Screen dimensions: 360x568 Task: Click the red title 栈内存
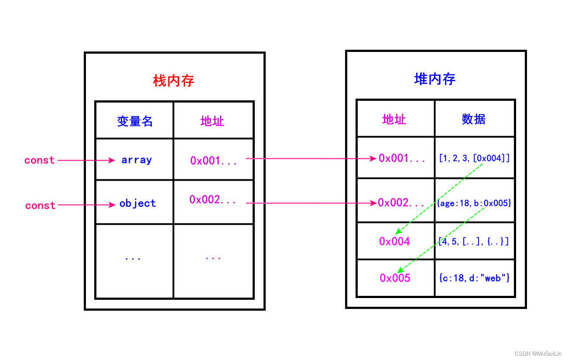coord(174,81)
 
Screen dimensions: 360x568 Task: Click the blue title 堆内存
coord(435,79)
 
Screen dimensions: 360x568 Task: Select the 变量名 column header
coord(135,121)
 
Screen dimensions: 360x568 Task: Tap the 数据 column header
coord(473,119)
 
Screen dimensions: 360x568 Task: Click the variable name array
coord(137,160)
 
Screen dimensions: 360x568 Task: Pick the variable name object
coord(137,204)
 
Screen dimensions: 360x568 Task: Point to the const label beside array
coord(40,160)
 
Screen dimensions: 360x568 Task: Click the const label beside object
coord(40,206)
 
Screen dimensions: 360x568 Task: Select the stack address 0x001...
coord(213,161)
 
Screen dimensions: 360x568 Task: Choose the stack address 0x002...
coord(212,200)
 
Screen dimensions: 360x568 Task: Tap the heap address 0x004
coord(394,241)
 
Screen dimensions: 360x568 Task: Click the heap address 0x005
coord(395,278)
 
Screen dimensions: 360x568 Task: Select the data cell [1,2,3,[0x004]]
coord(474,158)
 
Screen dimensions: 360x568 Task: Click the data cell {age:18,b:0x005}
coord(474,203)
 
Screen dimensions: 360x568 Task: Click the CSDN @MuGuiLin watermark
coord(538,353)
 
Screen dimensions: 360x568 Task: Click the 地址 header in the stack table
coord(212,121)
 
